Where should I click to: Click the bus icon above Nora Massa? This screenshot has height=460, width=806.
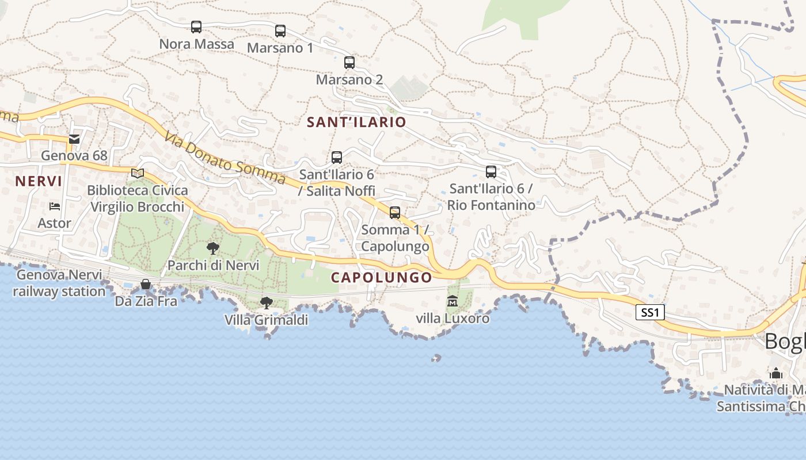point(196,27)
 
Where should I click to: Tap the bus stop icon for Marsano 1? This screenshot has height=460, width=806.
point(280,31)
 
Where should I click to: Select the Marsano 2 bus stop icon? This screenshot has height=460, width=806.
point(349,63)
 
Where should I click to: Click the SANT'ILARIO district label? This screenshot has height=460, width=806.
point(356,122)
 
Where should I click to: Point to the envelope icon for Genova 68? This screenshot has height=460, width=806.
point(74,139)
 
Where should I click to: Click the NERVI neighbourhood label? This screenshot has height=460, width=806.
point(39,182)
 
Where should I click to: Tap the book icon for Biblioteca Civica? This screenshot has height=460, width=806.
point(137,173)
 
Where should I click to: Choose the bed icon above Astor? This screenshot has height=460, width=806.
point(55,206)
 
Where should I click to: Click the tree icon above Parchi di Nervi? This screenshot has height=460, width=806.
point(213,248)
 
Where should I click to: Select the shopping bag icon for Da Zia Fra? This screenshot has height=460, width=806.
point(146,284)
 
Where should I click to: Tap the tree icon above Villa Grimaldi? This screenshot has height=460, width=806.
point(266,302)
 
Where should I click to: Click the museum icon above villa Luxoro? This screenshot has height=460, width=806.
point(453,301)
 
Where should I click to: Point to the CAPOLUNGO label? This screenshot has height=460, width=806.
point(381,277)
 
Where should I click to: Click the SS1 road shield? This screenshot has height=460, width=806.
point(651,313)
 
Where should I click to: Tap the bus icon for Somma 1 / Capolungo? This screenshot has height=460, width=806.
point(395,213)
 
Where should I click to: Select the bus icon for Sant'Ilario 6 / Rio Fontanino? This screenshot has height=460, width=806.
point(491,171)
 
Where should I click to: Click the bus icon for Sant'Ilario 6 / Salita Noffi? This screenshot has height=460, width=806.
point(337,157)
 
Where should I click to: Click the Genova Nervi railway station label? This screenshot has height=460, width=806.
point(59,283)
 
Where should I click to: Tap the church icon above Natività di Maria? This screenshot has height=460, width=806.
point(776,374)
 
